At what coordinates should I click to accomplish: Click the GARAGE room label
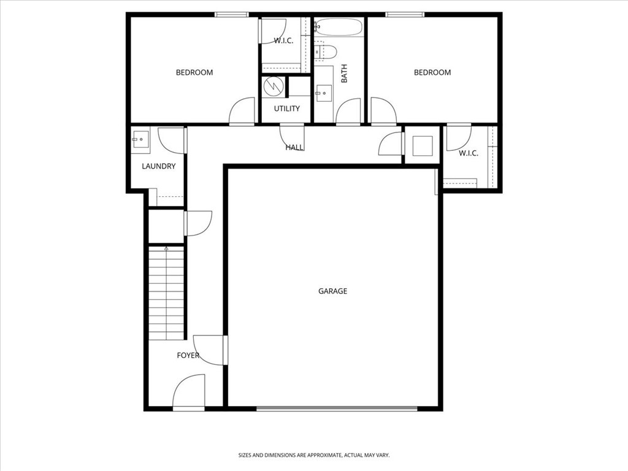332,291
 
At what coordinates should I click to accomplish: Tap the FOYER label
188,355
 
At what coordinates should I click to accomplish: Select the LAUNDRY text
159,166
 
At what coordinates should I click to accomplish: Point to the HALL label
294,147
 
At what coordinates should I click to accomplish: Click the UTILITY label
286,109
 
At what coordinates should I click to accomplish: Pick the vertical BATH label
344,74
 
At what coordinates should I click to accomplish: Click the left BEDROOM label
194,72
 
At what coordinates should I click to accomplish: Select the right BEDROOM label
432,72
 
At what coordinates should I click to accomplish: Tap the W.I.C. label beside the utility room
283,40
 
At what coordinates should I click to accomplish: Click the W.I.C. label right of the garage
468,153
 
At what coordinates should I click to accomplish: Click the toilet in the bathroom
324,52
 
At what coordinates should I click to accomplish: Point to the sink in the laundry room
138,139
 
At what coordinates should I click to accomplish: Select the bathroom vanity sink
323,94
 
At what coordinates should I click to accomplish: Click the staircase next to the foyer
166,293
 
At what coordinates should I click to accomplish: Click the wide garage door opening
337,408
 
